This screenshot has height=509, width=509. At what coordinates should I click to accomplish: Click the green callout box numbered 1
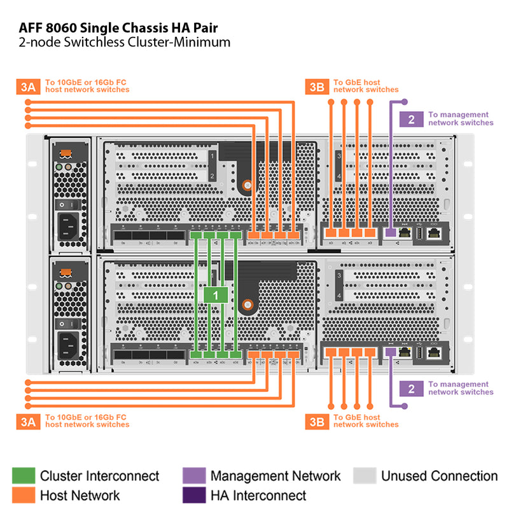pyautogui.click(x=216, y=295)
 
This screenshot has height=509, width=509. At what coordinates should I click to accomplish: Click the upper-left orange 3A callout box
pyautogui.click(x=27, y=87)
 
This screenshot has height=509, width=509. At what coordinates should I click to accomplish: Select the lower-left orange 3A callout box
pyautogui.click(x=27, y=421)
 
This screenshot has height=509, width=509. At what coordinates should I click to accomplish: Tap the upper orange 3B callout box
pyautogui.click(x=316, y=87)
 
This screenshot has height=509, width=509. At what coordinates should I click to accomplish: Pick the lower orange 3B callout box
pyautogui.click(x=316, y=421)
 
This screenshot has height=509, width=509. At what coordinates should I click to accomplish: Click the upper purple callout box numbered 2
pyautogui.click(x=411, y=118)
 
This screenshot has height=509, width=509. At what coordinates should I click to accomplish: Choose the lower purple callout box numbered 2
pyautogui.click(x=411, y=388)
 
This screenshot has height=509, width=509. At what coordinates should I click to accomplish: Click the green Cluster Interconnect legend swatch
pyautogui.click(x=24, y=476)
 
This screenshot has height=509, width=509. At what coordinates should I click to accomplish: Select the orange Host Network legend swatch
pyautogui.click(x=24, y=495)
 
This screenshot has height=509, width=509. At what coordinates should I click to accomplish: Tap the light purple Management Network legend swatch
pyautogui.click(x=194, y=476)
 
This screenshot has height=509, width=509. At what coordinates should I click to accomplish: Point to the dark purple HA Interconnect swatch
pyautogui.click(x=194, y=495)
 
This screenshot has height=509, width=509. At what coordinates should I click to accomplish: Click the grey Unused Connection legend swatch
pyautogui.click(x=364, y=476)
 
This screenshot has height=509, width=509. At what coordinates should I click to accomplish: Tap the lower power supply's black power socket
pyautogui.click(x=69, y=345)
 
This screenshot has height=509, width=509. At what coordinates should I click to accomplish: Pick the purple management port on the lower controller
pyautogui.click(x=389, y=352)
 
